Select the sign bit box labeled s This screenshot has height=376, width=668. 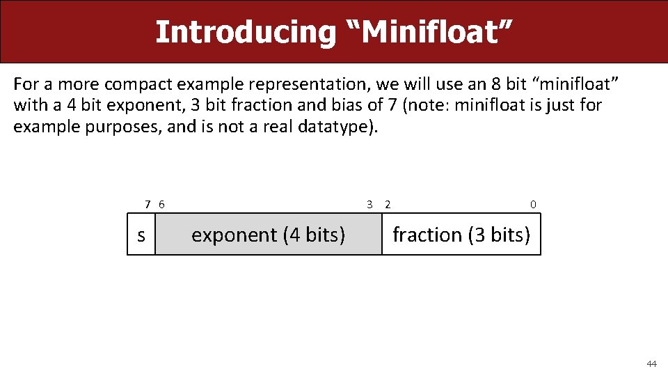(141, 235)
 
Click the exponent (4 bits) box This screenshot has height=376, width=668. (268, 235)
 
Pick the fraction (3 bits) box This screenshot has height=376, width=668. (461, 235)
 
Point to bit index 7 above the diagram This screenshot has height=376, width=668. (148, 205)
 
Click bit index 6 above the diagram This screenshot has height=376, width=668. (161, 205)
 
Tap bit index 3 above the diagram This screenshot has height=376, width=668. (370, 205)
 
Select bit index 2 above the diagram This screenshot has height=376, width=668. (388, 205)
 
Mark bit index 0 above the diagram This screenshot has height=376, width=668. (533, 205)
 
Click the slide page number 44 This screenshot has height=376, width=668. (651, 364)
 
